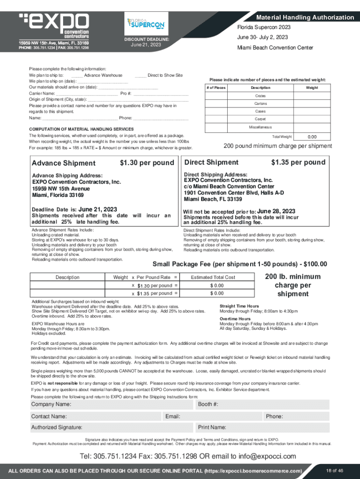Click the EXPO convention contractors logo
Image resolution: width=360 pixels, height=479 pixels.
54,26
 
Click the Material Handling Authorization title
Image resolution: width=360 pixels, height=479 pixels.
305,17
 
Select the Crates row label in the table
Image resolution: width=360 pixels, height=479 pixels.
260,95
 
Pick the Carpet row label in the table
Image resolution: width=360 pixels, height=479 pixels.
260,119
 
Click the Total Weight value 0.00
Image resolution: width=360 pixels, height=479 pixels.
312,137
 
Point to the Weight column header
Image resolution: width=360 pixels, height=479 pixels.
312,87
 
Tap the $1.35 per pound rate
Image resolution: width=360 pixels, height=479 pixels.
298,162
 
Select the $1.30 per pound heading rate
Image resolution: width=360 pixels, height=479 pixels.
147,163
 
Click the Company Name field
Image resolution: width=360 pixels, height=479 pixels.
112,404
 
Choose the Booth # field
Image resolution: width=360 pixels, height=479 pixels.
276,404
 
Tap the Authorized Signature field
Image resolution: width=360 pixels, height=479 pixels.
112,427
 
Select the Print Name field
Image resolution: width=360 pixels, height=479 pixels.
276,427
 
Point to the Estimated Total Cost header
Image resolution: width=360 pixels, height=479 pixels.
213,277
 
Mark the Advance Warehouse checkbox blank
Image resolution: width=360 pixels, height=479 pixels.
77,75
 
